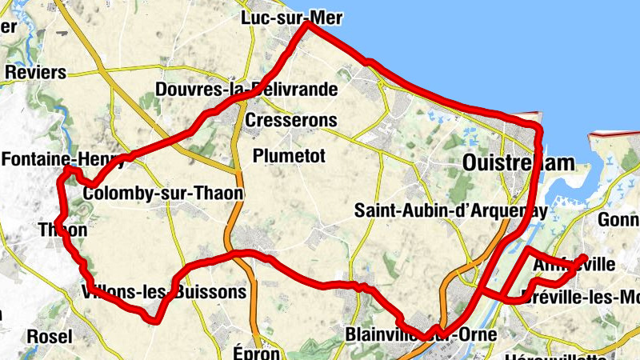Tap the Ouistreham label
(518, 163)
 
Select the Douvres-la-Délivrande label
(246, 89)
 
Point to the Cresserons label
(291, 121)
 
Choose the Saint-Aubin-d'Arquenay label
(451, 212)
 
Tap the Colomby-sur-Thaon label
(162, 194)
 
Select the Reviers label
(35, 72)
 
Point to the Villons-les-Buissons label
(164, 293)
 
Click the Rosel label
(49, 336)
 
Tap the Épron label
(257, 352)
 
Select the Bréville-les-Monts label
(579, 297)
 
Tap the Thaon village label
(62, 230)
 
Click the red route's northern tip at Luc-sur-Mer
(308, 25)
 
